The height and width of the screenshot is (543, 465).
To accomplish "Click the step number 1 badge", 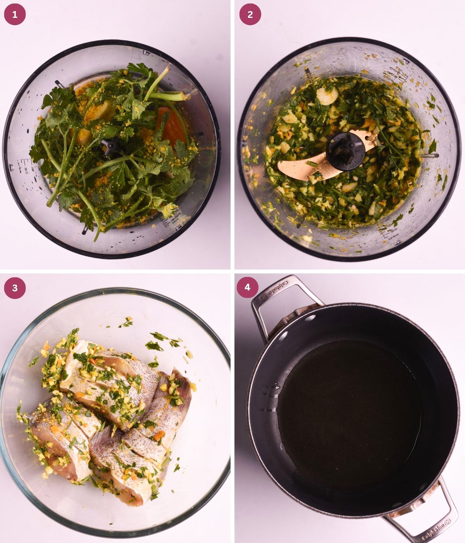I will [15, 15].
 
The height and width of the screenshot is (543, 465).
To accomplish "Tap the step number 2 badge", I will [250, 15].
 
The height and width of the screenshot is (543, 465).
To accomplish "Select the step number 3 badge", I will [15, 288].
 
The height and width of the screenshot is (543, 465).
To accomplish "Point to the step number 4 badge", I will [247, 287].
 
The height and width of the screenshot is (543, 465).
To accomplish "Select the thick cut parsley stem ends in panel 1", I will [182, 96].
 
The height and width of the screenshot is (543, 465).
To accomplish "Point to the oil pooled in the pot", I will [349, 415].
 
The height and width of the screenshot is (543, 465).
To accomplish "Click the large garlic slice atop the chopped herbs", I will [327, 96].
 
